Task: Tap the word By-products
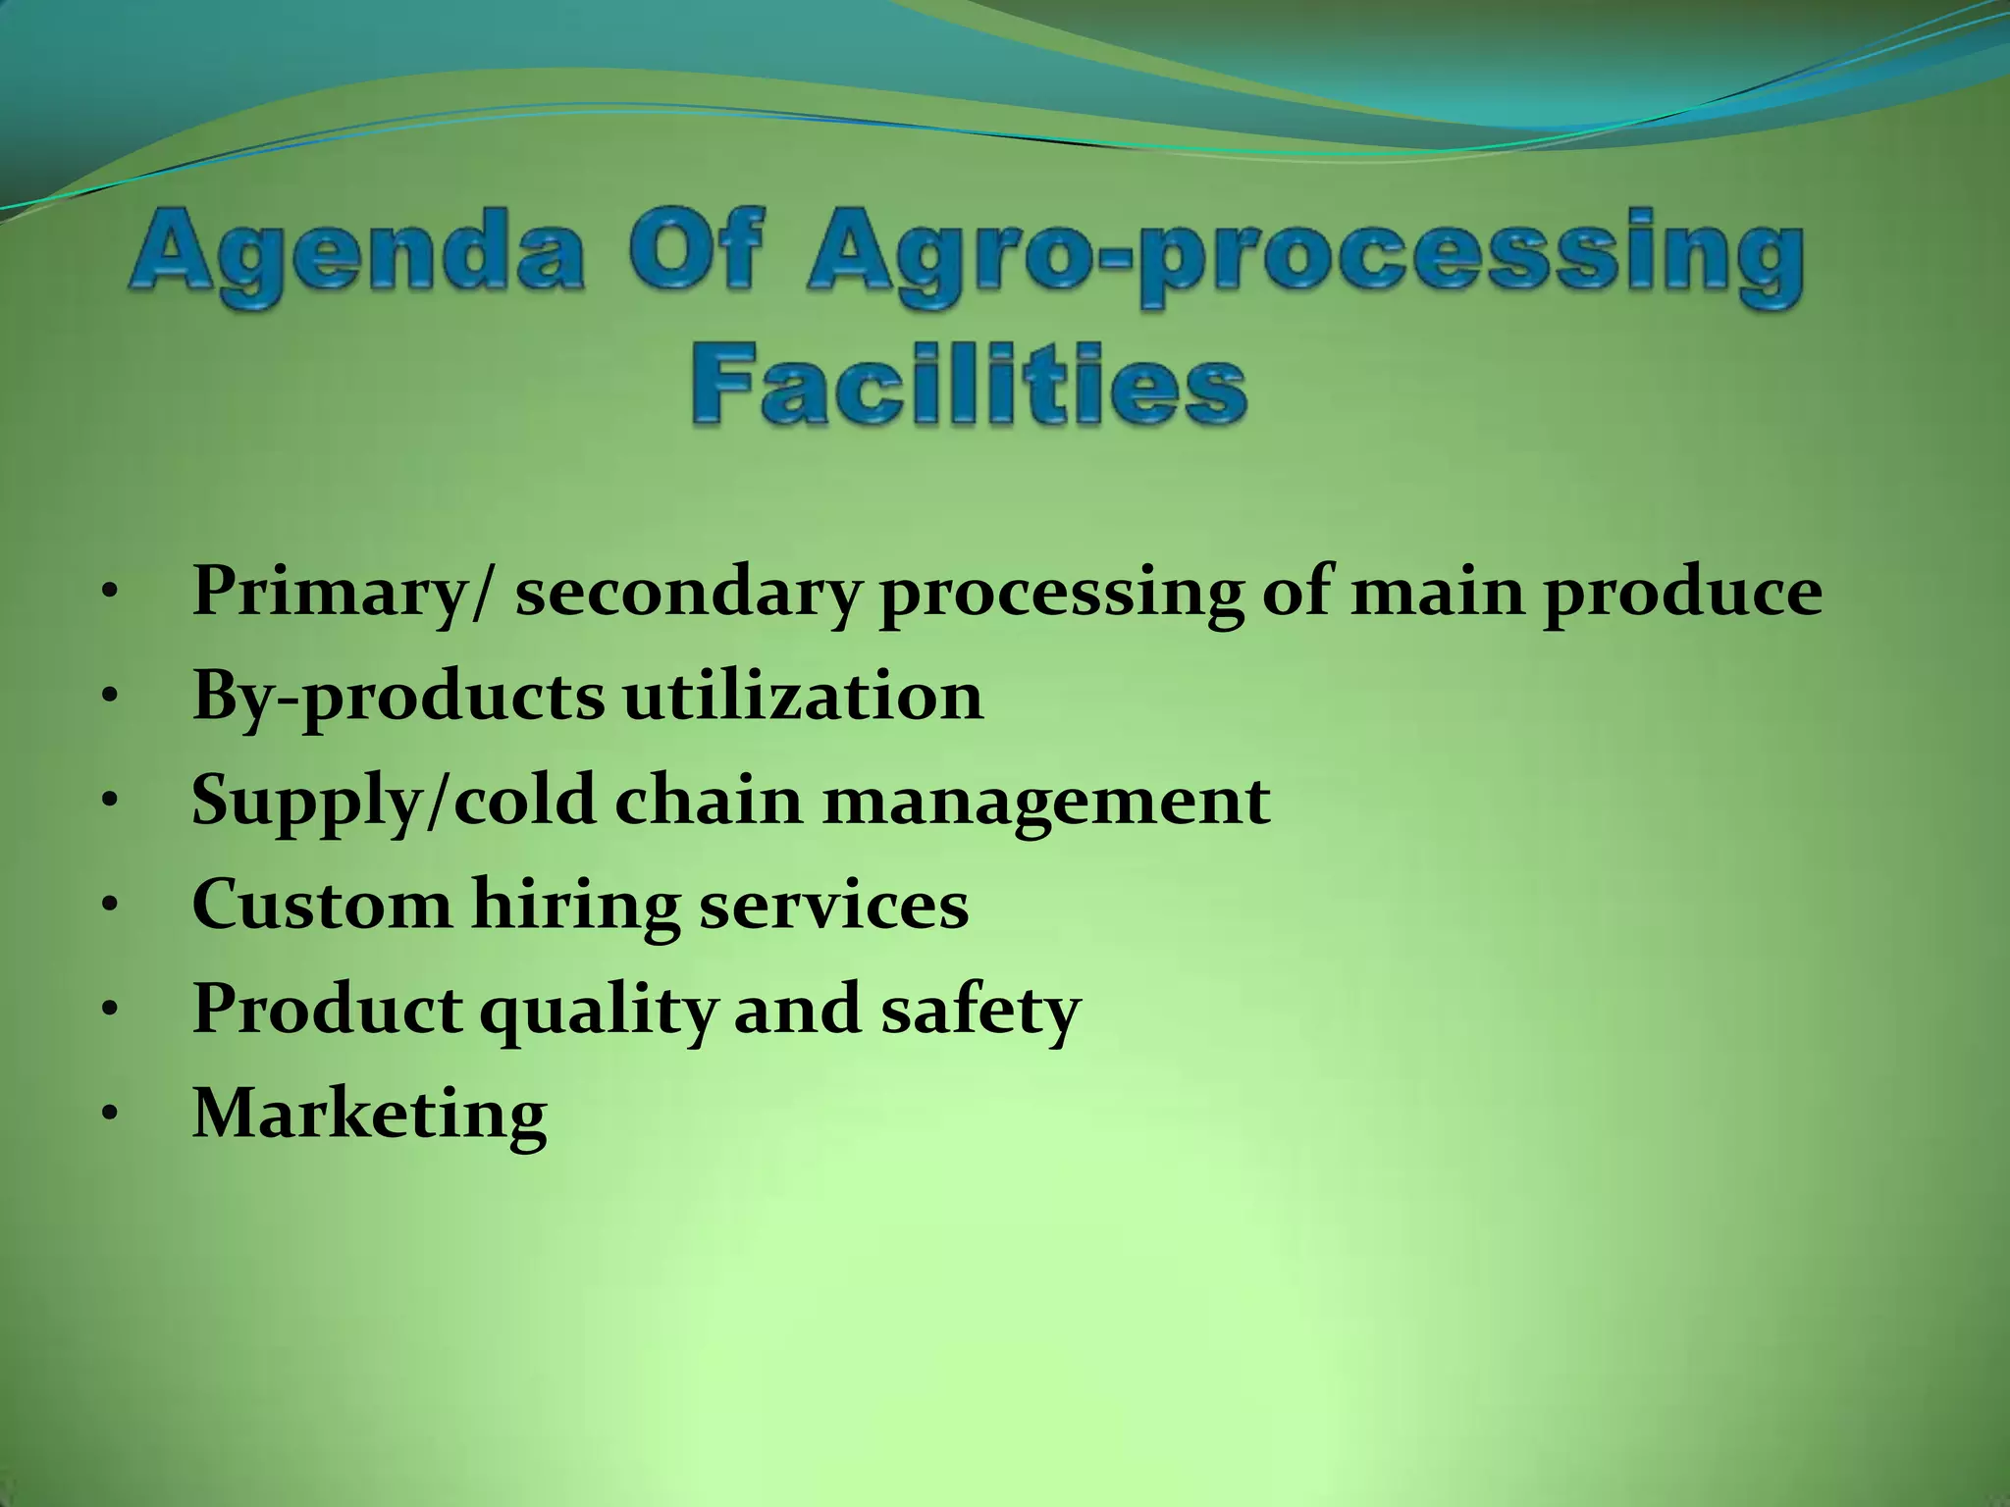pos(398,699)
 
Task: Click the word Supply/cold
pos(394,803)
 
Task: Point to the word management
pos(1046,803)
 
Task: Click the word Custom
pos(321,905)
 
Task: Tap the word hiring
pos(575,907)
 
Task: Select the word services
pos(833,905)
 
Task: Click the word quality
pos(597,1011)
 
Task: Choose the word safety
pos(979,1011)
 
